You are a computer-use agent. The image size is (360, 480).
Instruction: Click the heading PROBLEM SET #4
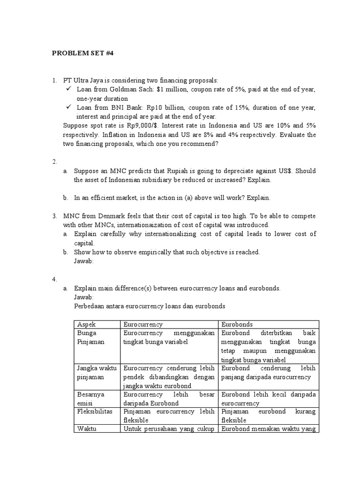(82, 53)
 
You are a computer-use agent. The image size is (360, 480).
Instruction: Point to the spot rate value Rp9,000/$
(142, 125)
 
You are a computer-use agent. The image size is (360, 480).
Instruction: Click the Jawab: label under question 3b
(84, 261)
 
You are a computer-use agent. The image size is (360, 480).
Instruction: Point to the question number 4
(54, 279)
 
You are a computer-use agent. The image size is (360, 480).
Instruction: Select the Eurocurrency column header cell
(142, 324)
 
